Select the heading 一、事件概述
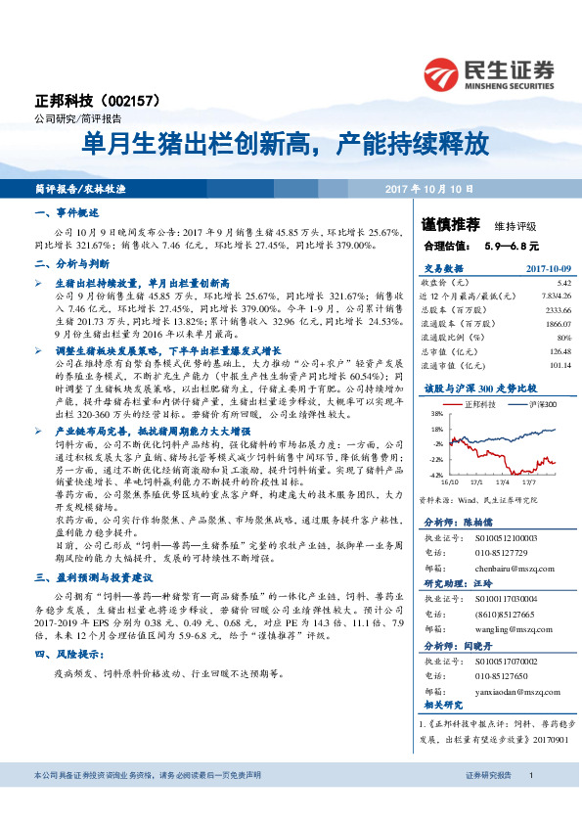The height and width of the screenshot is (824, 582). (67, 212)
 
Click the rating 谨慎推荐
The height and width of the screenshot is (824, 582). (451, 224)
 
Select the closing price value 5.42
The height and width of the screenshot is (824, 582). (549, 281)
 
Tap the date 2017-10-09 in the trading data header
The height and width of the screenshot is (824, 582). (537, 268)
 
